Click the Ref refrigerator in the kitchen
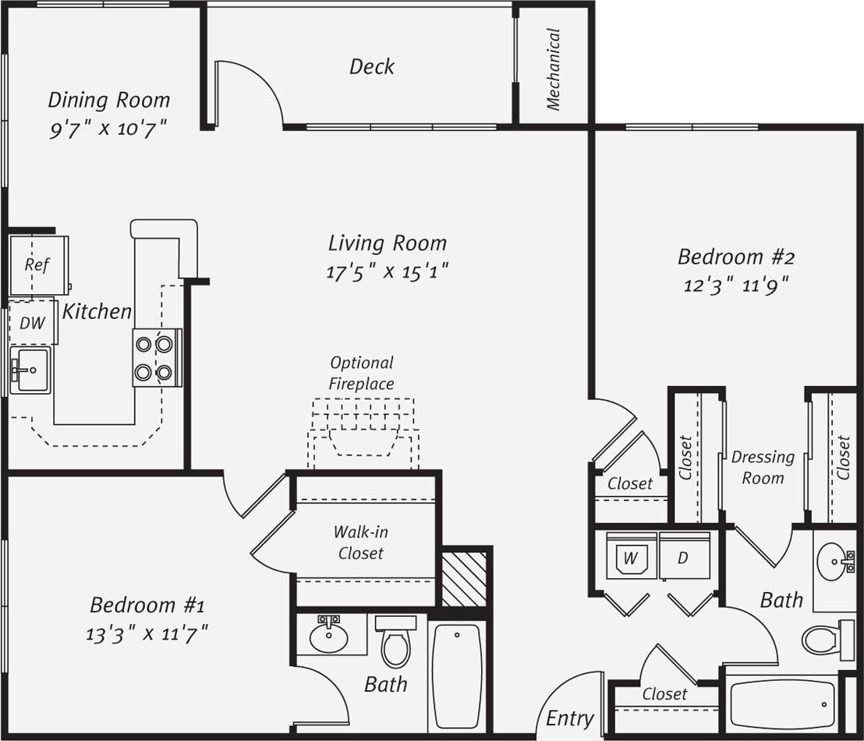[x=37, y=265]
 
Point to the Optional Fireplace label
[x=361, y=373]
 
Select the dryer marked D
[x=684, y=556]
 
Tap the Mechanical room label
[x=554, y=69]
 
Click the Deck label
[x=371, y=67]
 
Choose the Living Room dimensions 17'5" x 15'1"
[x=388, y=271]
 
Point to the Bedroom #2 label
[x=735, y=257]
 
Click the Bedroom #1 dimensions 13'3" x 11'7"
[x=147, y=633]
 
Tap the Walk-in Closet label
[x=360, y=542]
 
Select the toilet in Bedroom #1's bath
[x=396, y=642]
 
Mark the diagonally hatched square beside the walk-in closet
[x=464, y=579]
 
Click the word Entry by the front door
[x=570, y=718]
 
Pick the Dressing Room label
[x=763, y=467]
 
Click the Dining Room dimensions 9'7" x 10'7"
[x=108, y=129]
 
